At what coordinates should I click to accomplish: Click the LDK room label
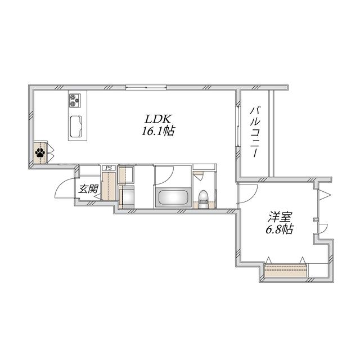(157, 119)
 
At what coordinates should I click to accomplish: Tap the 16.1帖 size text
(158, 131)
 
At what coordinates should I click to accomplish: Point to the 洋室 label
(280, 217)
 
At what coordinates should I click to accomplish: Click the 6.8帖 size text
(280, 229)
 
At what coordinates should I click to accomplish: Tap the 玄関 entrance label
(89, 189)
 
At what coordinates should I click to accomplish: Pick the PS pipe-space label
(109, 168)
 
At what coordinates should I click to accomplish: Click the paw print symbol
(40, 152)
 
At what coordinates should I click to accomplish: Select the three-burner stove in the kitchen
(75, 101)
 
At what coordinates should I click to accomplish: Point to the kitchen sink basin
(76, 127)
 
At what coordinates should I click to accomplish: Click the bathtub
(173, 197)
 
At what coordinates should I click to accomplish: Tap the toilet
(203, 197)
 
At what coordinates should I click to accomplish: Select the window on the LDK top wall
(146, 87)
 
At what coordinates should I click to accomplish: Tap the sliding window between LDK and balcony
(238, 125)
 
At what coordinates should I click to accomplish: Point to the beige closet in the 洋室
(286, 270)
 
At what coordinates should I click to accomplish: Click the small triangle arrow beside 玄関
(97, 196)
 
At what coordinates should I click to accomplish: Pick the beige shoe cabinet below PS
(109, 186)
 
